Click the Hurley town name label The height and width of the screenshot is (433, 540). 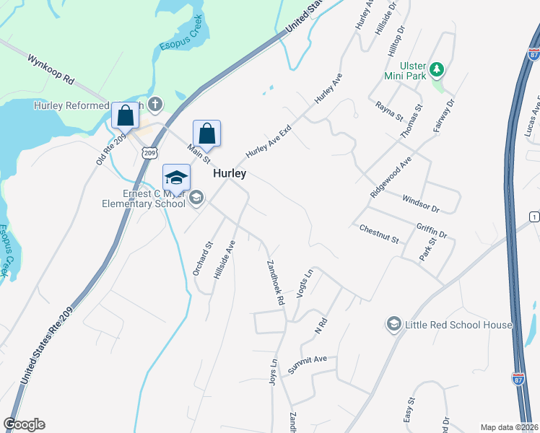click(x=229, y=174)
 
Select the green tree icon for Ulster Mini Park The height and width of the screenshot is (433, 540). click(x=436, y=70)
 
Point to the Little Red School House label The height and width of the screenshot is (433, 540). click(x=458, y=325)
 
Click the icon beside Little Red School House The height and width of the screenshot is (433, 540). click(x=394, y=324)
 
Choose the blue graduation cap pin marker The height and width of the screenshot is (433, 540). click(x=176, y=178)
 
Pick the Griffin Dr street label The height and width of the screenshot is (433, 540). click(x=432, y=229)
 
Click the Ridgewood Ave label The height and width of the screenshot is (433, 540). click(x=391, y=177)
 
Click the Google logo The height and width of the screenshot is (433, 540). click(x=24, y=424)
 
